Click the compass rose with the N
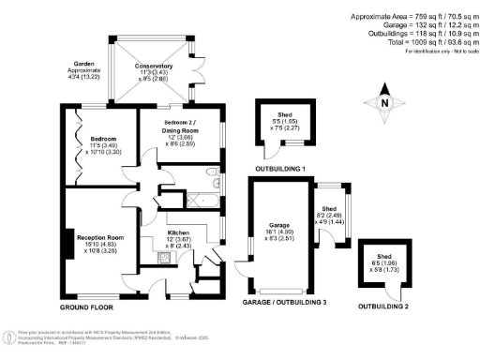point(385,104)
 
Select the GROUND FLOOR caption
point(87,307)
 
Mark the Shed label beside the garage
point(329,209)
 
